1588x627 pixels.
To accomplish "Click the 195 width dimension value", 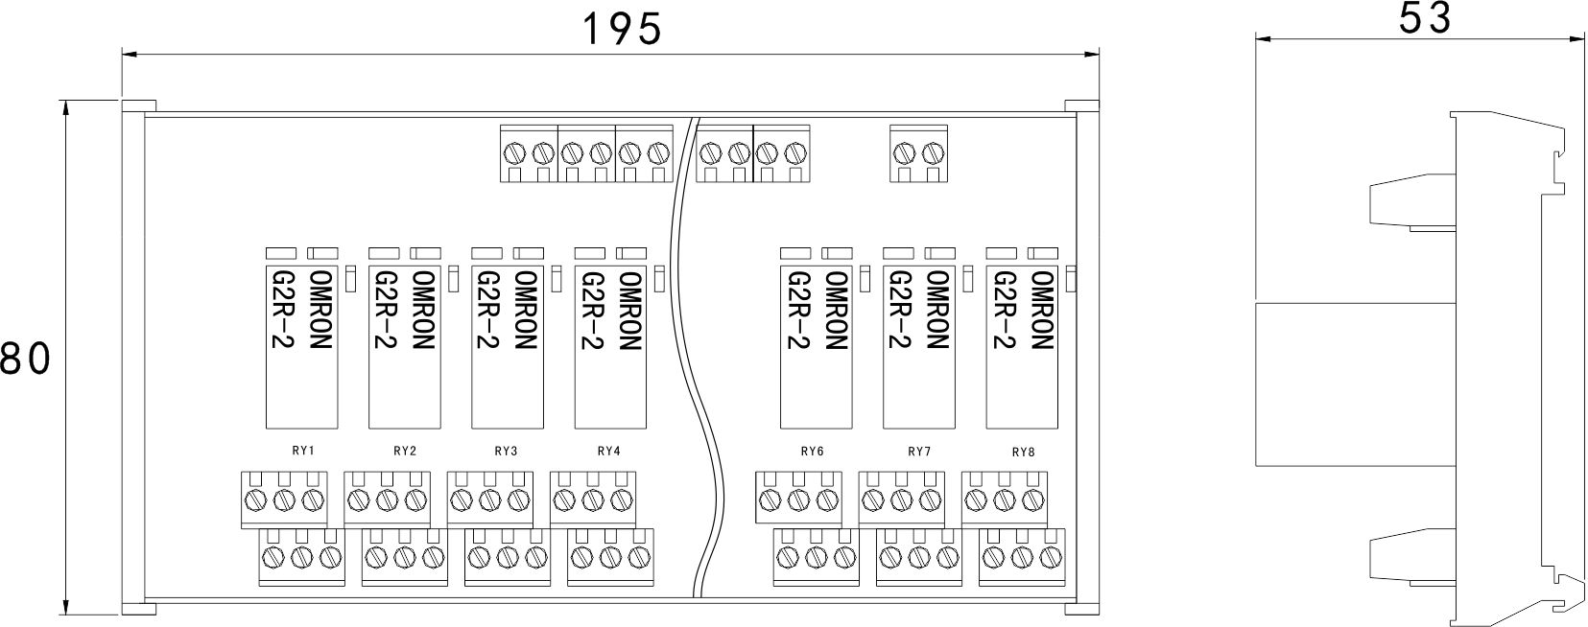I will [x=623, y=30].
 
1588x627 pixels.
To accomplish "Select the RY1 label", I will [x=303, y=451].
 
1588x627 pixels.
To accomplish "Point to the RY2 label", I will [x=405, y=451].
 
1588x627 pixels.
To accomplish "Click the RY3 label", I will [x=507, y=451].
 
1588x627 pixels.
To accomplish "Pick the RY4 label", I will [x=608, y=451].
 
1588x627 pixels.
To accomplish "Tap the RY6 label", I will [x=812, y=452].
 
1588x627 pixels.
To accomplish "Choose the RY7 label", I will [x=919, y=452].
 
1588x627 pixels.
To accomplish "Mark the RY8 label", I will [x=1024, y=452].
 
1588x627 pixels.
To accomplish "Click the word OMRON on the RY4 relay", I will [x=629, y=310].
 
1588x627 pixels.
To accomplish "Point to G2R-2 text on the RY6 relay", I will [x=796, y=310].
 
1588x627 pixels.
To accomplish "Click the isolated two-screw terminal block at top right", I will [x=919, y=152].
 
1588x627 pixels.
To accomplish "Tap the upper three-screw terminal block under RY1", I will [x=283, y=499].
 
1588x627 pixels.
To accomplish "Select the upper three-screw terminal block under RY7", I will [x=901, y=499].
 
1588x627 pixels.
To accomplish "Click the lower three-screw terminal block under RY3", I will [x=508, y=557].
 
